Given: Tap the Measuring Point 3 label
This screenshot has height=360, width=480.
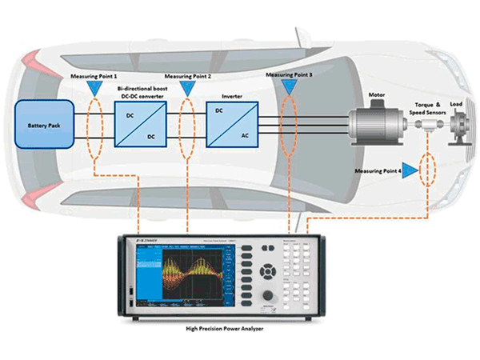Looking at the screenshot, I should tap(290, 74).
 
